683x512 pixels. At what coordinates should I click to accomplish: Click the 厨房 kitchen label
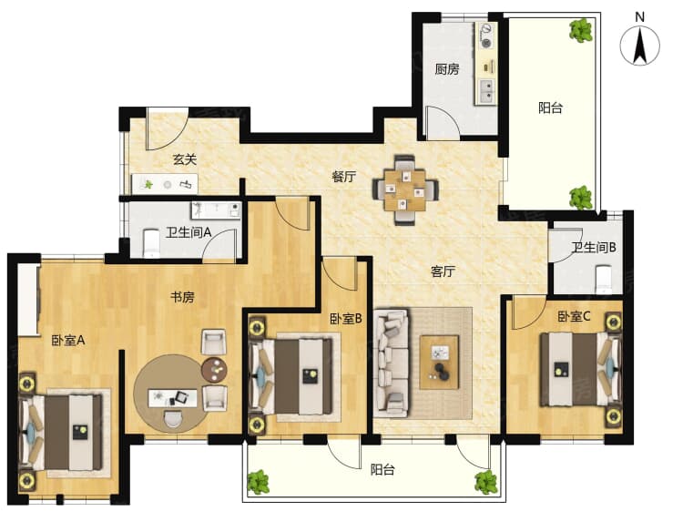click(447, 69)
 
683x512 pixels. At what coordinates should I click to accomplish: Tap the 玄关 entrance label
click(185, 159)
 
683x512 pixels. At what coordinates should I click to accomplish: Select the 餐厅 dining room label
click(343, 177)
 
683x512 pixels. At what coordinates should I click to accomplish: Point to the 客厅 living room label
click(443, 271)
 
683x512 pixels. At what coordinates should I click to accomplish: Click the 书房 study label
click(182, 297)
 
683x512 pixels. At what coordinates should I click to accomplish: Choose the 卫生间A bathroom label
click(189, 232)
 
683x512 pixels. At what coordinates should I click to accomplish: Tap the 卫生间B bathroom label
click(594, 248)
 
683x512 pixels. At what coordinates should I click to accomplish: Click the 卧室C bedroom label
click(574, 316)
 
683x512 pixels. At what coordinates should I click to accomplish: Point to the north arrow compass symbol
click(640, 45)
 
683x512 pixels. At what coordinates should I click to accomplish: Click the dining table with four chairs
click(405, 190)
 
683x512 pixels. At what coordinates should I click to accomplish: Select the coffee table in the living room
click(439, 362)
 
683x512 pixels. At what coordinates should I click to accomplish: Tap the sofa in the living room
click(392, 362)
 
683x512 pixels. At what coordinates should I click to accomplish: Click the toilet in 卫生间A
click(151, 242)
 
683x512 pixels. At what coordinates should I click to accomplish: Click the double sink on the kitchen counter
click(487, 92)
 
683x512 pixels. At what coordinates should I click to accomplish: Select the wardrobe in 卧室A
click(28, 299)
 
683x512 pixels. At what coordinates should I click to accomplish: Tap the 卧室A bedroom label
click(68, 341)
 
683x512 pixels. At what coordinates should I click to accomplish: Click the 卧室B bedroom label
click(346, 319)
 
